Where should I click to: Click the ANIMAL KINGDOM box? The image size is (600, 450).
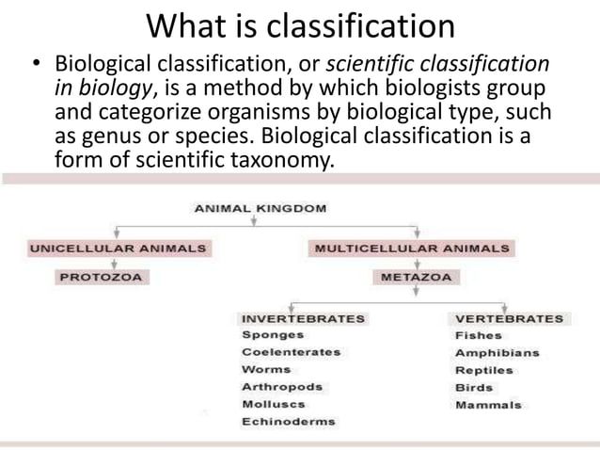pos(261,208)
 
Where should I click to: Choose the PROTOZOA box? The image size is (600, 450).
pos(104,278)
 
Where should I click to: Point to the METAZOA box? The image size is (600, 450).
pos(415,278)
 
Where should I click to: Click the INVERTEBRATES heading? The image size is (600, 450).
pos(303,318)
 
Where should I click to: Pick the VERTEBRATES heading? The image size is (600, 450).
pos(509,318)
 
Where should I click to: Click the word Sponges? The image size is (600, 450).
pos(273,334)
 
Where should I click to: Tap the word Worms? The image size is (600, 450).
pos(266,369)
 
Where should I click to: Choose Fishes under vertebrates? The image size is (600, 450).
pos(478,335)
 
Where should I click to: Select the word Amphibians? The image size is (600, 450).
pos(497,353)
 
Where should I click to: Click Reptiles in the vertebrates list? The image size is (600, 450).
pos(483,370)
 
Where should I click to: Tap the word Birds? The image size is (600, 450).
pos(473,387)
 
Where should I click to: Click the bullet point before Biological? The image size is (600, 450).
pos(35,67)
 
